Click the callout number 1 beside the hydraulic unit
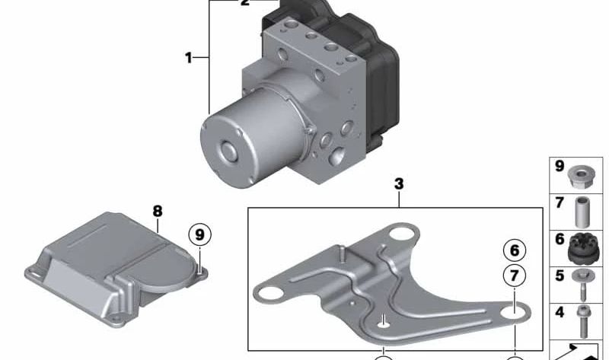[x=188, y=58]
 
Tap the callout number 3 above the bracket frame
[x=399, y=184]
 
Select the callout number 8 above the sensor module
[x=158, y=212]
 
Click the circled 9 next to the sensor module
[x=199, y=234]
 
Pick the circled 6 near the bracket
[x=515, y=250]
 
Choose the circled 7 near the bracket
[x=515, y=276]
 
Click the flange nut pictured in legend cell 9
[x=580, y=177]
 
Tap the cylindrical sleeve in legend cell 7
[x=582, y=212]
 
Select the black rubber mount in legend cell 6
[x=581, y=250]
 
